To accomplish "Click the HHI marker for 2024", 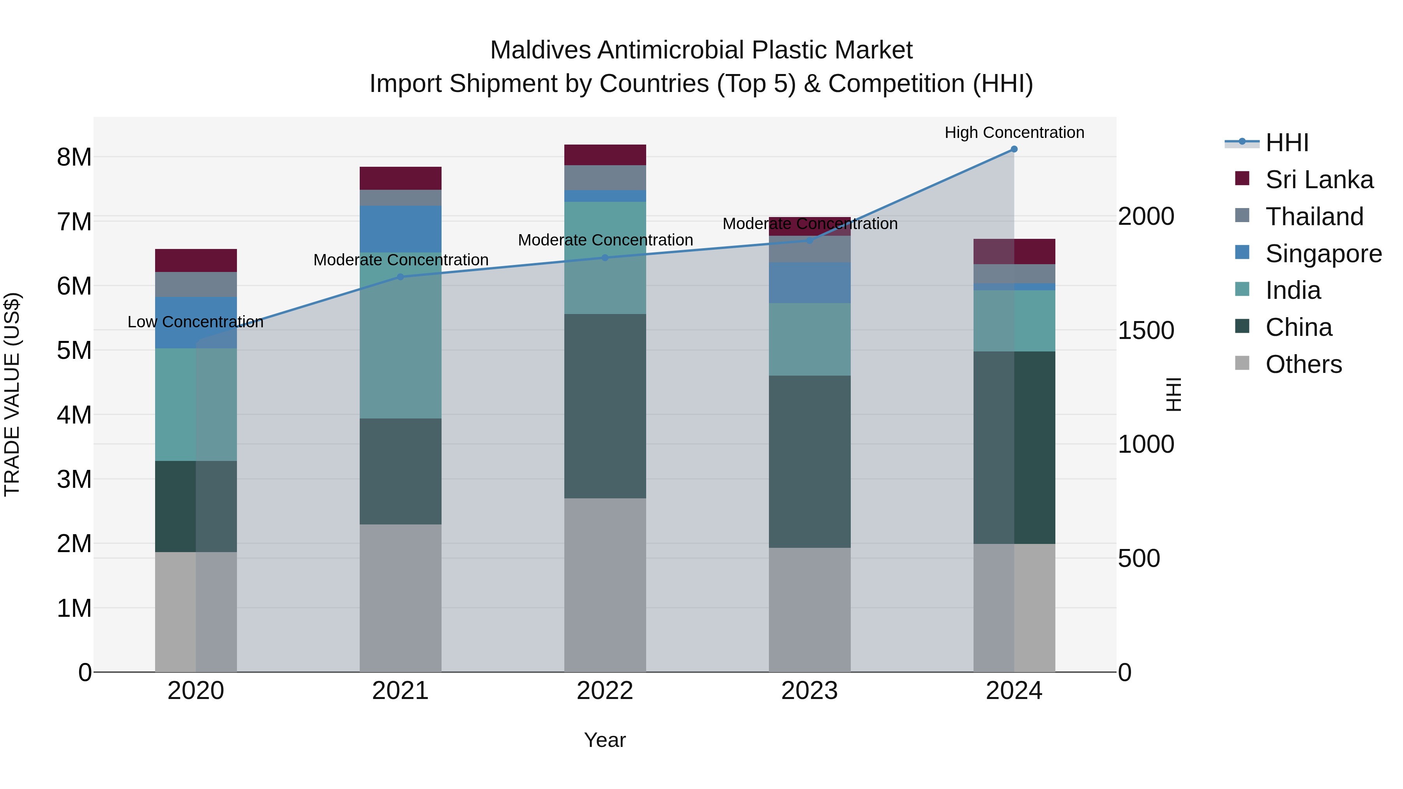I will pyautogui.click(x=1014, y=149).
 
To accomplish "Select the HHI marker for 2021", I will pyautogui.click(x=400, y=277).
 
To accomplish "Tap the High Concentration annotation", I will pyautogui.click(x=1014, y=132).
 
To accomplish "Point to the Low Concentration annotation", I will pyautogui.click(x=196, y=322).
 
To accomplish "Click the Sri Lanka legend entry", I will pyautogui.click(x=1318, y=180).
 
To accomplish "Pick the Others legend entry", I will pyautogui.click(x=1303, y=364).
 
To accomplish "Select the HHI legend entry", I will pyautogui.click(x=1286, y=143).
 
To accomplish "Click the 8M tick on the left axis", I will pyautogui.click(x=74, y=157).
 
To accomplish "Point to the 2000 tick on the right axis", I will pyautogui.click(x=1146, y=217).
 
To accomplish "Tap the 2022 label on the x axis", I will pyautogui.click(x=604, y=691).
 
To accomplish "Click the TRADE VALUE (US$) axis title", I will pyautogui.click(x=12, y=394).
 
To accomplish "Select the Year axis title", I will pyautogui.click(x=604, y=740).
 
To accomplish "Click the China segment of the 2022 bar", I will pyautogui.click(x=604, y=406).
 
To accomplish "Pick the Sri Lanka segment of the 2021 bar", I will pyautogui.click(x=400, y=178).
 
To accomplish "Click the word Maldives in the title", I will pyautogui.click(x=540, y=50).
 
